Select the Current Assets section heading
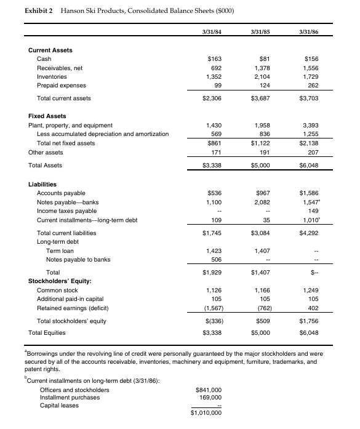pos(50,49)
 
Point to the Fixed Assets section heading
pos(47,116)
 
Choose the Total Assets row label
pos(45,165)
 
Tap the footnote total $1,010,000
pos(206,413)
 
